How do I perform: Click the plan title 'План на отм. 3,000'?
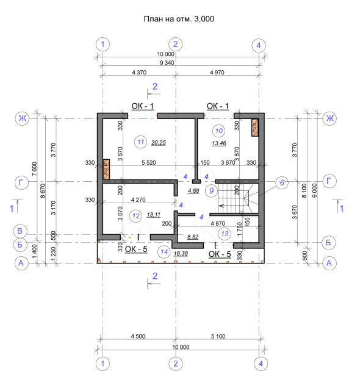[x=179, y=19]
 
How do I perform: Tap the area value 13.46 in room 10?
[x=219, y=143]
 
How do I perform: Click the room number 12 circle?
[x=135, y=216]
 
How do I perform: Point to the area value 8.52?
[x=193, y=237]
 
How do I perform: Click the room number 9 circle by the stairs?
[x=211, y=191]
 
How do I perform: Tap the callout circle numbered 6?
[x=282, y=182]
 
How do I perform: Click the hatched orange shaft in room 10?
[x=255, y=128]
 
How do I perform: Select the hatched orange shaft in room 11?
[x=106, y=170]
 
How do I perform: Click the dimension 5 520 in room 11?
[x=149, y=163]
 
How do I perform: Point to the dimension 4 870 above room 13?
[x=218, y=224]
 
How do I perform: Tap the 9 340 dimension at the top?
[x=167, y=63]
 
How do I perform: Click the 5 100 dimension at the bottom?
[x=218, y=337]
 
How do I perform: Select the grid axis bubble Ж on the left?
[x=22, y=118]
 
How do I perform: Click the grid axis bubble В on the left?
[x=20, y=231]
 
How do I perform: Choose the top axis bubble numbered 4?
[x=259, y=45]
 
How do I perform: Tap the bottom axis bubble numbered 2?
[x=176, y=364]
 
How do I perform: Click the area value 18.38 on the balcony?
[x=181, y=254]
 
